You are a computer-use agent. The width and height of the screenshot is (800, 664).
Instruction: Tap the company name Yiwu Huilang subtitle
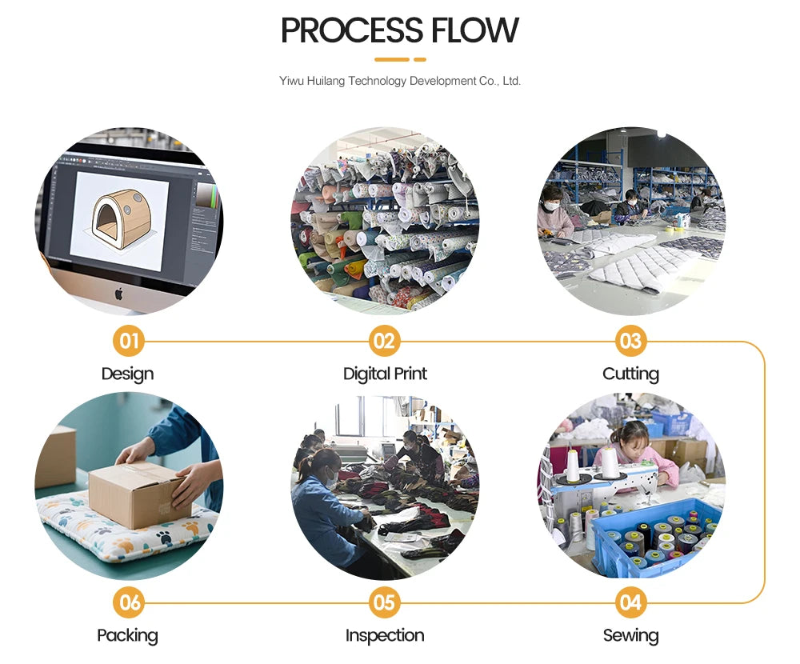[400, 81]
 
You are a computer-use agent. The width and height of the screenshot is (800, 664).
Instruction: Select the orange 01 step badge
[128, 342]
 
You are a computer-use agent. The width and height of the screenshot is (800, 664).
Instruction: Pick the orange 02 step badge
[385, 342]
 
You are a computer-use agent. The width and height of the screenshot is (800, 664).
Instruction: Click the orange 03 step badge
[631, 342]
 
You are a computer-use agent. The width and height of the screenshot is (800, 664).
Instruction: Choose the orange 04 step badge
[631, 602]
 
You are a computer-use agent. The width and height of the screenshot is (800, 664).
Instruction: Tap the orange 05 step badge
[385, 602]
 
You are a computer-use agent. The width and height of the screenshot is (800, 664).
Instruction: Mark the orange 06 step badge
[128, 602]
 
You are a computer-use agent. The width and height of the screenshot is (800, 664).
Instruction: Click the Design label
[128, 374]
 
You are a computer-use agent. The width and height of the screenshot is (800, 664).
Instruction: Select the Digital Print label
[385, 374]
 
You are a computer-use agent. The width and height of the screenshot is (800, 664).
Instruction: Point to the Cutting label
[631, 374]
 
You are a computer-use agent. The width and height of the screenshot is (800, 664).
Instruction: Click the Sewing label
[631, 636]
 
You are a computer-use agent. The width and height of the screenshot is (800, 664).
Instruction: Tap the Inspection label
[385, 636]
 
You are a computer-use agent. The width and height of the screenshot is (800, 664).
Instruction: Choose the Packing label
[128, 636]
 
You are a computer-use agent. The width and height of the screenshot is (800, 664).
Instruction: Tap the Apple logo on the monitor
[118, 293]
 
